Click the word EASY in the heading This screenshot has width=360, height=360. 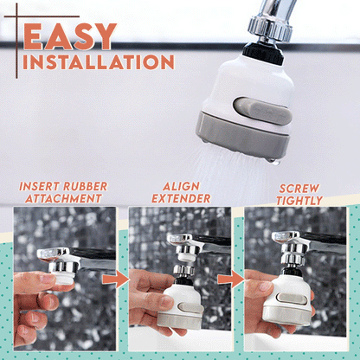pos(70,36)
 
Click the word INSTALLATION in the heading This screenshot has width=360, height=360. pos(93,63)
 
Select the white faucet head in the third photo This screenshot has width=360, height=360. pos(286,299)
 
